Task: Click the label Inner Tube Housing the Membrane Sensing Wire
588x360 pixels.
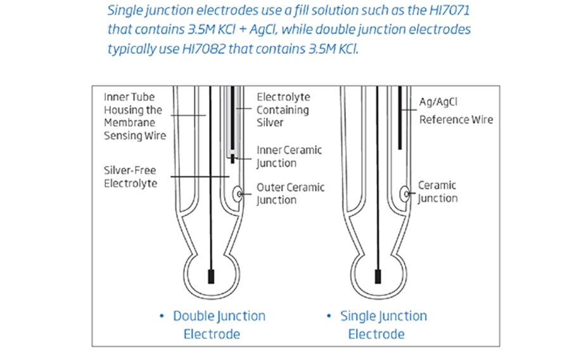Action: click(x=134, y=117)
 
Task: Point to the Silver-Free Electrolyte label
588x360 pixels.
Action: click(x=130, y=177)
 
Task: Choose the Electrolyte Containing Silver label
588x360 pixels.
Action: click(x=283, y=110)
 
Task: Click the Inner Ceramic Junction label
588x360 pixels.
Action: click(x=289, y=157)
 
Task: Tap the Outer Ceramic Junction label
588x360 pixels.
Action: click(x=290, y=193)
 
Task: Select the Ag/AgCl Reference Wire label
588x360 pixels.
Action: click(x=456, y=110)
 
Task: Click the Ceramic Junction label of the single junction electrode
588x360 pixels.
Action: click(x=437, y=191)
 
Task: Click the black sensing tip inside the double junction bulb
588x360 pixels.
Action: click(x=212, y=277)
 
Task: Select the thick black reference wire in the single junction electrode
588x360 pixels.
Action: click(x=400, y=117)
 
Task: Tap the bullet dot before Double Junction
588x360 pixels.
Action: click(x=162, y=316)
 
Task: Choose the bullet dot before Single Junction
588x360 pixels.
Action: click(x=329, y=316)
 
